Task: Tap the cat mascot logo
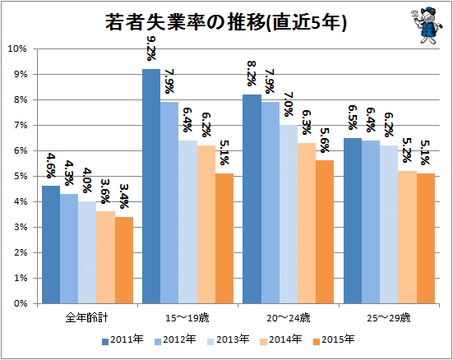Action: pyautogui.click(x=426, y=25)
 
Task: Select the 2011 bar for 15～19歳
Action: pyautogui.click(x=151, y=186)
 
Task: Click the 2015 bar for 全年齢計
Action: pyautogui.click(x=124, y=260)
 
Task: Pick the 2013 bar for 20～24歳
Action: pyautogui.click(x=289, y=214)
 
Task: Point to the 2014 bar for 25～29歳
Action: pyautogui.click(x=407, y=238)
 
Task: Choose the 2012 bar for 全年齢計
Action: pyautogui.click(x=69, y=249)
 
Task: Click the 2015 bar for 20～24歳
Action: pyautogui.click(x=325, y=232)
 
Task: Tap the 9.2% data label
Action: pyautogui.click(x=151, y=48)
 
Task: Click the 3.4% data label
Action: pyautogui.click(x=124, y=196)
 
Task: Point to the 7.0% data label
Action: pyautogui.click(x=289, y=104)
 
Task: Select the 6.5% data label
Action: pyautogui.click(x=353, y=118)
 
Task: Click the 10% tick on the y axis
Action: pyautogui.click(x=17, y=48)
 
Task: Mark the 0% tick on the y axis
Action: pyautogui.click(x=20, y=303)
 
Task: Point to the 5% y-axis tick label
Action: pyautogui.click(x=20, y=176)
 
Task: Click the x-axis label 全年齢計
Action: pyautogui.click(x=86, y=318)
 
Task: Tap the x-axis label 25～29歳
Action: pyautogui.click(x=389, y=318)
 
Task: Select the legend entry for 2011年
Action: pyautogui.click(x=122, y=339)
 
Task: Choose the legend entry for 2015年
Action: pyautogui.click(x=334, y=339)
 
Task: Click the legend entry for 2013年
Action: pyautogui.click(x=229, y=339)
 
